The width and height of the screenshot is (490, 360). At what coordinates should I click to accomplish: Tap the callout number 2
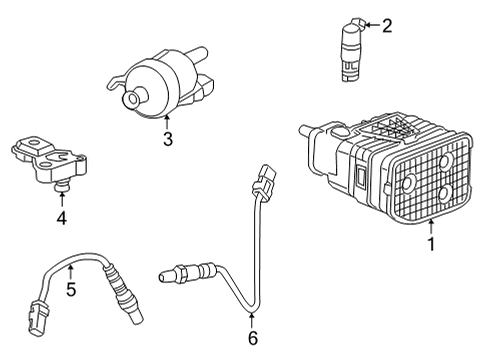[x=387, y=26]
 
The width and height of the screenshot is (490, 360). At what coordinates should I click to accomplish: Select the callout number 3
[x=169, y=140]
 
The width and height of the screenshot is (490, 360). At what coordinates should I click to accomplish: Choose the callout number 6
[x=252, y=337]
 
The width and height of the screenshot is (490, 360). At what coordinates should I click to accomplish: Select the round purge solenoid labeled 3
[x=160, y=85]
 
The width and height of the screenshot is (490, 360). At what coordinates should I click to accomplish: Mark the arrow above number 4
[x=61, y=192]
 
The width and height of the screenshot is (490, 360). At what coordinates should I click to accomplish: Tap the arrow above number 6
[x=252, y=317]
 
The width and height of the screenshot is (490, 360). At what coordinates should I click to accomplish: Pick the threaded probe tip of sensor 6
[x=170, y=272]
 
